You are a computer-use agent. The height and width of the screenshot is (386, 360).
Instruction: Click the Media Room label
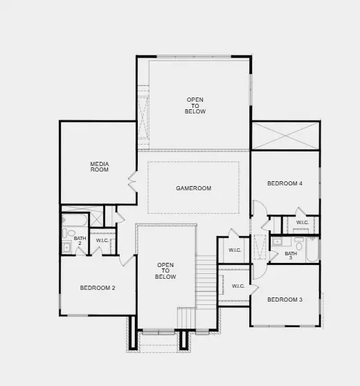[100, 167]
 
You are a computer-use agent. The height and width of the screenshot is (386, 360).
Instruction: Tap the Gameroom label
[193, 188]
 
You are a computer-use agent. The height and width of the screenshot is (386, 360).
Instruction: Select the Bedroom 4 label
[285, 183]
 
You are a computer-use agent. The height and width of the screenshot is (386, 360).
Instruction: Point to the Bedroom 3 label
[285, 300]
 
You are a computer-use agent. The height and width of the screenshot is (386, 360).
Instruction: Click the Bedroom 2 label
[98, 288]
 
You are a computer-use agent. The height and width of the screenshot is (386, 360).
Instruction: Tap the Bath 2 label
[80, 241]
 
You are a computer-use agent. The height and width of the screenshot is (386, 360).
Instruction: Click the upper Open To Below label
[195, 106]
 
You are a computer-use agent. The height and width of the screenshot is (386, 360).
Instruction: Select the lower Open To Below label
[165, 271]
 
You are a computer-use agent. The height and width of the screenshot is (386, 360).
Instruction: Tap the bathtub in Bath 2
[74, 220]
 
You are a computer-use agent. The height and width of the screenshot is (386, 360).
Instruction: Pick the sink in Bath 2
[67, 247]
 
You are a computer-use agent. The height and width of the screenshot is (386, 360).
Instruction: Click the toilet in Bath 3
[299, 243]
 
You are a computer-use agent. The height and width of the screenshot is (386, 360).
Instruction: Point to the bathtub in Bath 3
[311, 250]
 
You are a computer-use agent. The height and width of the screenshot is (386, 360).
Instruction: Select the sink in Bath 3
[277, 241]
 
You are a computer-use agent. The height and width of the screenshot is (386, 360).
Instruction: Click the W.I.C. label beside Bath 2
[102, 241]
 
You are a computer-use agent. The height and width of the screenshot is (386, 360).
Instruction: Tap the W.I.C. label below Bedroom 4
[303, 223]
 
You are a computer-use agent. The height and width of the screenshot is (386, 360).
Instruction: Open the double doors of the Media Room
[132, 183]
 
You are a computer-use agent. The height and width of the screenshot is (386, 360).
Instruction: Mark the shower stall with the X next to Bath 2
[97, 217]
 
